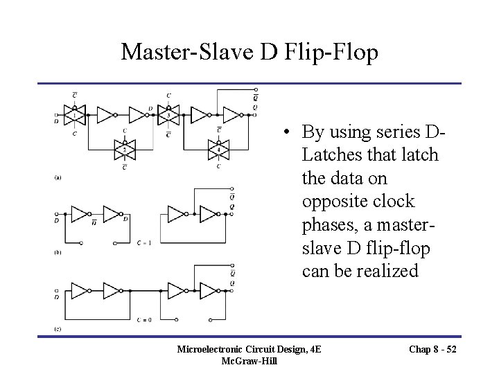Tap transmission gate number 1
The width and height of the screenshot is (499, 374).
pos(75,114)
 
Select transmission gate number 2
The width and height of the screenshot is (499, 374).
pos(125,148)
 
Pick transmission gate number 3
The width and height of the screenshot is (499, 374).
pos(168,114)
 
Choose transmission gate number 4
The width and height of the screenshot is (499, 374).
pos(219,148)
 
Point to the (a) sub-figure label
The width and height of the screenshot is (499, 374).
pos(59,177)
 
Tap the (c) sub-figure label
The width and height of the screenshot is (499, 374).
pos(59,326)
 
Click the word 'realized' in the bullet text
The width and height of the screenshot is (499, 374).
pos(385,271)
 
